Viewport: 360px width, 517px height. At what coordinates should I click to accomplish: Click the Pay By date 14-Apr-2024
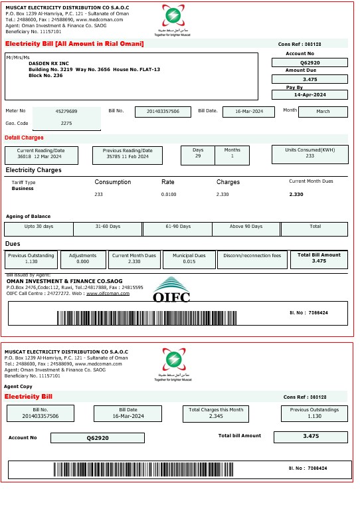pyautogui.click(x=310, y=95)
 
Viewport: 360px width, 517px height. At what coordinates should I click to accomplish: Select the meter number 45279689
pyautogui.click(x=66, y=111)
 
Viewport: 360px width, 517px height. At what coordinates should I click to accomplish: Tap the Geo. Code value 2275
pyautogui.click(x=66, y=123)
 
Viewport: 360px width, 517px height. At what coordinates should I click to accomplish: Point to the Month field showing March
pyautogui.click(x=323, y=111)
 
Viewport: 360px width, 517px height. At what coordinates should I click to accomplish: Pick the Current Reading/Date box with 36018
pyautogui.click(x=41, y=155)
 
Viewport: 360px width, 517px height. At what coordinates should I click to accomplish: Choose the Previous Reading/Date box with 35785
pyautogui.click(x=128, y=155)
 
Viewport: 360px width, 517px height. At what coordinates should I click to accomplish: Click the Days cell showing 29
pyautogui.click(x=198, y=155)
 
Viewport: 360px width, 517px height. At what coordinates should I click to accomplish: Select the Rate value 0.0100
pyautogui.click(x=169, y=194)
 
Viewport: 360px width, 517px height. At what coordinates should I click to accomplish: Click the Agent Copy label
pyautogui.click(x=18, y=386)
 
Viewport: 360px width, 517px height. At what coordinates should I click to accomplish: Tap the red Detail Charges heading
pyautogui.click(x=24, y=138)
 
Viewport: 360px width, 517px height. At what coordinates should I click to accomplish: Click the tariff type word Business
pyautogui.click(x=23, y=189)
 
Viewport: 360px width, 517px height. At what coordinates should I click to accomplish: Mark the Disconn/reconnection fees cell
pyautogui.click(x=252, y=259)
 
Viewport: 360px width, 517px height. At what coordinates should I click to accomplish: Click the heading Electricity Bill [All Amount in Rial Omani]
pyautogui.click(x=74, y=44)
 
